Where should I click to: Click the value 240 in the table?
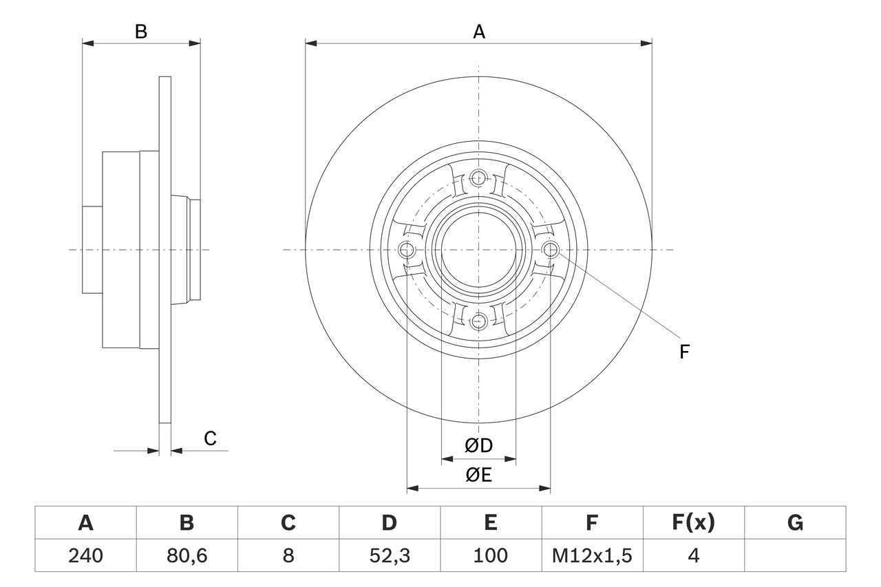pos(85,555)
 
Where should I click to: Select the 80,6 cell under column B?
pos(187,555)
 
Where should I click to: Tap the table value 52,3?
pos(389,555)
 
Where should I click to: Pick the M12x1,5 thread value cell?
pos(592,555)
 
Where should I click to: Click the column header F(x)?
pos(693,523)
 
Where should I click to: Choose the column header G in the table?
pos(795,523)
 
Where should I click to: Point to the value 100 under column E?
pos(491,555)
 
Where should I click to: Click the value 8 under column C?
pos(288,555)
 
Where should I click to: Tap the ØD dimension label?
pos(479,445)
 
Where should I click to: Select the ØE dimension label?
pos(479,476)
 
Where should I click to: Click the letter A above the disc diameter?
pos(478,32)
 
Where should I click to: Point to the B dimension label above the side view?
pos(140,32)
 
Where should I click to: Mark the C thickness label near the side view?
pos(211,438)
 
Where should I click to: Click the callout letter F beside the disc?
pos(684,352)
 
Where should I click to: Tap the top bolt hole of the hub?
pos(478,178)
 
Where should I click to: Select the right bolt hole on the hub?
pos(550,249)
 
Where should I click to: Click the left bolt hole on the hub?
pos(407,249)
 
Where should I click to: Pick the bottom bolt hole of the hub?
pos(478,320)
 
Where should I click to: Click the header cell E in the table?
pos(491,523)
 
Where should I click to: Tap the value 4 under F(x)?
pos(693,555)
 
